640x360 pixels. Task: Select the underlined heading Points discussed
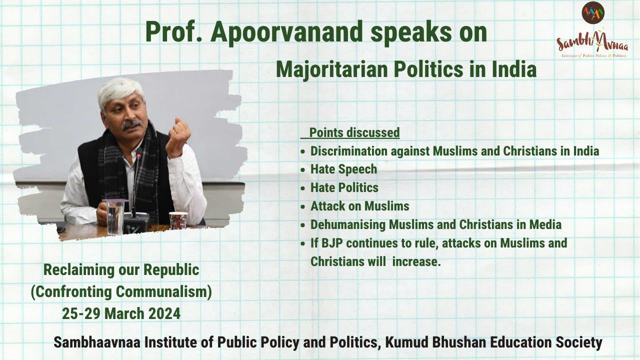(354, 132)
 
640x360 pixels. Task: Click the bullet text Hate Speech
(343, 169)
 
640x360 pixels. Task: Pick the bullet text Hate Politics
(344, 188)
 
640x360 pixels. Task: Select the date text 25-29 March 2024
(121, 314)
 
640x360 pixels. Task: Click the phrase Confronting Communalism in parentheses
(121, 292)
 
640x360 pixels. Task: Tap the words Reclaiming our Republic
(121, 270)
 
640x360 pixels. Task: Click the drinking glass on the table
(115, 217)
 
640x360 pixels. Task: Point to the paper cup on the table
(178, 220)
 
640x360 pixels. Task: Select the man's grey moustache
(131, 123)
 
